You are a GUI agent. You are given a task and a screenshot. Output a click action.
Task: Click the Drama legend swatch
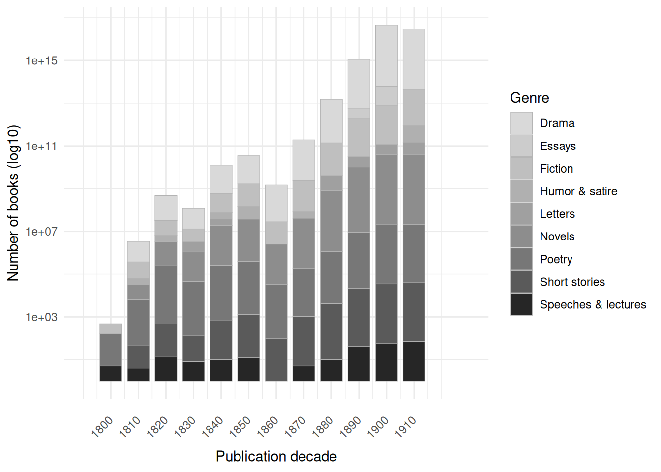point(521,123)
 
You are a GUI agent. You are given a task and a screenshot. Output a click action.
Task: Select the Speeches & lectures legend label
point(593,304)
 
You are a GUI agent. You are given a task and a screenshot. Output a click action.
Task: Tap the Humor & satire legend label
point(578,191)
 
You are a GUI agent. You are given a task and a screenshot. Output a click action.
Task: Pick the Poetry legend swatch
point(521,259)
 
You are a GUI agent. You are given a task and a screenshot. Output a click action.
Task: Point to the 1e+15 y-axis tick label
point(41,61)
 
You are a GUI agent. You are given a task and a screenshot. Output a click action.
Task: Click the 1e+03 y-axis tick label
point(41,317)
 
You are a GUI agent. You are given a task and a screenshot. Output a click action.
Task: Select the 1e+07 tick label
point(41,232)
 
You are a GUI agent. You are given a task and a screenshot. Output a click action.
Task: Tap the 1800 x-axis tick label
point(102,427)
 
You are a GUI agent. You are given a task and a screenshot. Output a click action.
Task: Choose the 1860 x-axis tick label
point(268,427)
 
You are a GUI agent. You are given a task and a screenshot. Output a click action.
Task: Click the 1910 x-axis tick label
point(405,427)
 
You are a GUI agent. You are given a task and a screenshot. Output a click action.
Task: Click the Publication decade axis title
point(276,456)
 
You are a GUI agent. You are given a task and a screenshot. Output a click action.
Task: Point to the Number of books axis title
point(13,203)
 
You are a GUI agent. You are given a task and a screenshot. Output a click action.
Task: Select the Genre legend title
point(529,98)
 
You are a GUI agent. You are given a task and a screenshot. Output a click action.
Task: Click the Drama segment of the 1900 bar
point(387,56)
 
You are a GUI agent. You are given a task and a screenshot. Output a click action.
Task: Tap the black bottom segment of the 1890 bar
point(359,363)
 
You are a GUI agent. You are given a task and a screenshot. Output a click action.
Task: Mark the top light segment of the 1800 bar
point(111,329)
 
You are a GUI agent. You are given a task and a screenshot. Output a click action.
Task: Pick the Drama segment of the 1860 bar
point(276,204)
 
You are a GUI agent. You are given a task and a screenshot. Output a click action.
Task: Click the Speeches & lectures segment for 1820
point(166,369)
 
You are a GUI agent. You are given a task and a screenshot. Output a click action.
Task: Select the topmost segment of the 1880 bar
point(331,121)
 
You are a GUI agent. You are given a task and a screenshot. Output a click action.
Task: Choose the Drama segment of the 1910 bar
point(414,59)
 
